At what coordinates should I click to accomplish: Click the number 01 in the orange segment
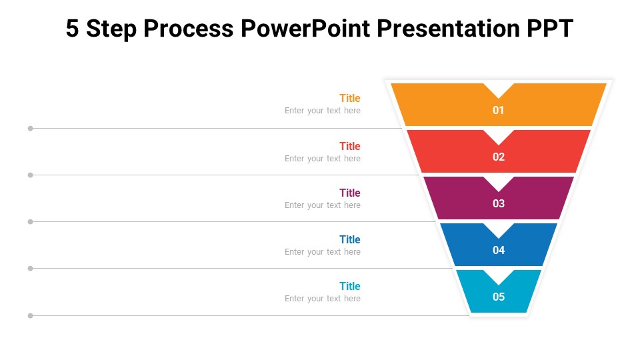click(x=499, y=111)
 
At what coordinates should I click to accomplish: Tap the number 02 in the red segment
click(x=499, y=157)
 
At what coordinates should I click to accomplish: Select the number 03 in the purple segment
click(x=499, y=204)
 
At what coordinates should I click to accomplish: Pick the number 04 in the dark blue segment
click(x=499, y=251)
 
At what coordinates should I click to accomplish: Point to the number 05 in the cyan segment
click(x=499, y=297)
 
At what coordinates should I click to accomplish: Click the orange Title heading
click(x=349, y=98)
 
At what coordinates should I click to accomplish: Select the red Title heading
click(x=349, y=146)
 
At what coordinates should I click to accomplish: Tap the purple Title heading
click(x=349, y=193)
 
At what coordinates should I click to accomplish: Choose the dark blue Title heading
click(x=349, y=239)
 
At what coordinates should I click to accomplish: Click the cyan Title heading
click(x=349, y=286)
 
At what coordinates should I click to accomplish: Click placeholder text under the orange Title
click(x=323, y=111)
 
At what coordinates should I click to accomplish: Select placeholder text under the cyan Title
click(x=323, y=299)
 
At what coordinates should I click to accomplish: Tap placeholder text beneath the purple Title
click(x=323, y=205)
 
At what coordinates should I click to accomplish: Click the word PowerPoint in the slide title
click(x=304, y=29)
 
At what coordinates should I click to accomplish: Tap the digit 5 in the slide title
click(x=73, y=29)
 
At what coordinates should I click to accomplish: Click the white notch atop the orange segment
click(x=499, y=89)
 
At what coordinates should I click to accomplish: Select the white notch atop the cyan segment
click(x=499, y=275)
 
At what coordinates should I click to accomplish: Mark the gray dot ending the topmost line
click(x=30, y=128)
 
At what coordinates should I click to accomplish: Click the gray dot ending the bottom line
click(x=30, y=315)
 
